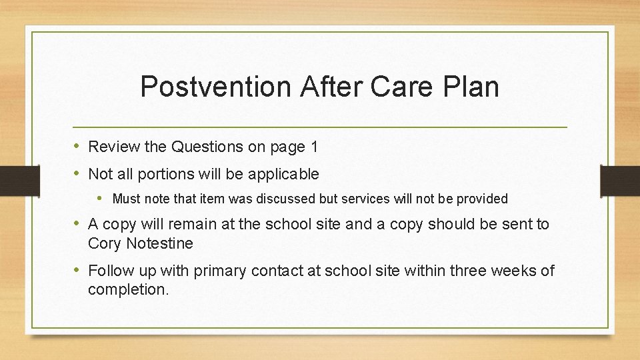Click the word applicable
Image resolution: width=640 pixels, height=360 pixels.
tap(283, 175)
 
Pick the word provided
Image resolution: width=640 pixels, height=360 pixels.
tap(482, 199)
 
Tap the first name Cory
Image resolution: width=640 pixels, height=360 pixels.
tap(103, 244)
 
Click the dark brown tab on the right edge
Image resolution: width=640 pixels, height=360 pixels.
tap(619, 181)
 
